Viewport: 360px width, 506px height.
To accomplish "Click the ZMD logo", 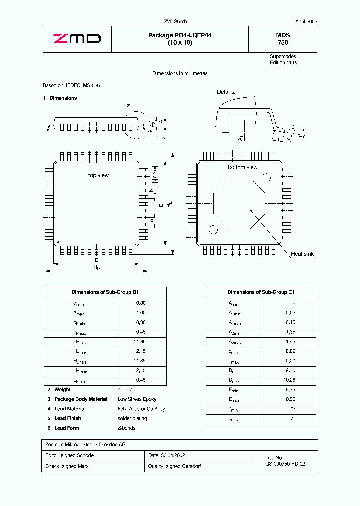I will click(77, 39).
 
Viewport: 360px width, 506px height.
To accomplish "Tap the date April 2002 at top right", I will click(306, 22).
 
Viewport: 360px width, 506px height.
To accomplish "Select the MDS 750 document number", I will click(283, 39).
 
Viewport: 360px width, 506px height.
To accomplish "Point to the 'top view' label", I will click(98, 175).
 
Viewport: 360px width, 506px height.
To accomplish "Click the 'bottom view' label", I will click(242, 167).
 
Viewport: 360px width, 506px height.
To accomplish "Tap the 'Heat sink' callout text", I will click(302, 254).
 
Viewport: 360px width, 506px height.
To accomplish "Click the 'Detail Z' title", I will click(226, 92).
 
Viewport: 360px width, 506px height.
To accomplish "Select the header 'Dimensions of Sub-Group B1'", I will click(105, 293).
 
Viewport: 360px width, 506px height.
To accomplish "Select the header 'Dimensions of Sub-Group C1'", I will click(261, 293).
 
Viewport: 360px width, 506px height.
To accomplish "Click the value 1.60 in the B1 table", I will click(141, 313).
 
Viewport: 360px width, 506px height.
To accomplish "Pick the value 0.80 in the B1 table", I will click(141, 303).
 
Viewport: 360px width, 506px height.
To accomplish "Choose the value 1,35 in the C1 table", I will click(290, 332).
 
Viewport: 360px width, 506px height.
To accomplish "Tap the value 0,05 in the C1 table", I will click(290, 313).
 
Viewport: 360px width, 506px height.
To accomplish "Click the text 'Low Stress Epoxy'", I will click(137, 399).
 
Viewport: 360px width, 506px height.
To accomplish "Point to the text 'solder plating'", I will click(132, 418).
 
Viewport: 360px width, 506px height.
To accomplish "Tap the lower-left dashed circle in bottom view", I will click(213, 230).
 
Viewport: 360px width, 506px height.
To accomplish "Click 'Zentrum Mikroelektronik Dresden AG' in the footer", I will click(85, 445).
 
